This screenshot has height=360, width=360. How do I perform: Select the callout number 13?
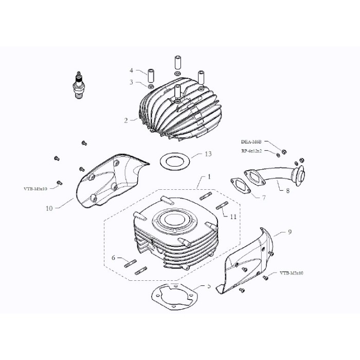tap(208, 154)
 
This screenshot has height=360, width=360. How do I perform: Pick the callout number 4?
tap(132, 70)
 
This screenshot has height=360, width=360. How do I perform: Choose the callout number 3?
tap(132, 82)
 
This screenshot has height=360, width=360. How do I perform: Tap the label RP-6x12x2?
tap(251, 151)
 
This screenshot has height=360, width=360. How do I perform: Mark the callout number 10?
tap(49, 208)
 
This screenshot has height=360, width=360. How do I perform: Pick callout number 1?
tap(209, 177)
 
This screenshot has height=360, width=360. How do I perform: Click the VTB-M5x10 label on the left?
tap(35, 189)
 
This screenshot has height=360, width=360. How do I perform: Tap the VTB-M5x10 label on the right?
tap(292, 274)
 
